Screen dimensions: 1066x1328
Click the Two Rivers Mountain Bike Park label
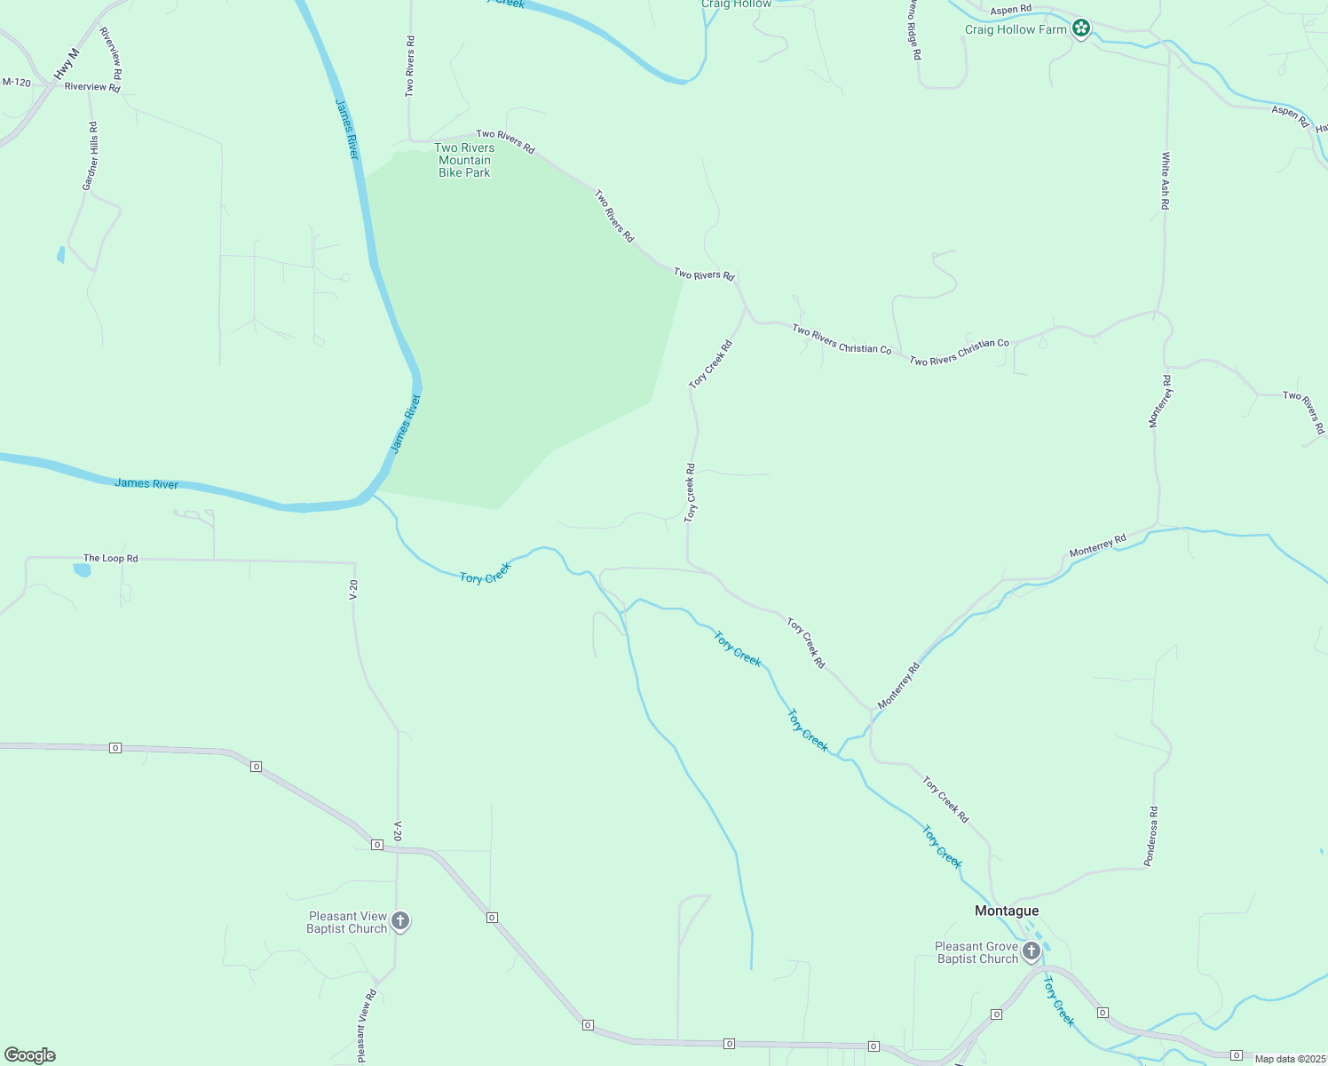(x=464, y=161)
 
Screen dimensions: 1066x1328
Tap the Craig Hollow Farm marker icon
(x=1080, y=29)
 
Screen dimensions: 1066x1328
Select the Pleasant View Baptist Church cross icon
(x=400, y=921)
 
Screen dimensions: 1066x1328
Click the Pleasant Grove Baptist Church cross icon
(x=1031, y=952)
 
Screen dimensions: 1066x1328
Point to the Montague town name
(x=1007, y=911)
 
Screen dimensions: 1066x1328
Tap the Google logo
(x=30, y=1055)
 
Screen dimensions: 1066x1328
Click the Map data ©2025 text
(x=1290, y=1059)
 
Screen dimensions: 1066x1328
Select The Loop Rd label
(x=111, y=559)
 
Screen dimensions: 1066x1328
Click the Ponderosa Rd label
(x=1150, y=836)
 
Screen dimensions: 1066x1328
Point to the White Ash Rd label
(x=1166, y=181)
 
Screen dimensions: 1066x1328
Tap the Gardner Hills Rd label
(x=90, y=156)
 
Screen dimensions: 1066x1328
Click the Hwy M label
(x=67, y=65)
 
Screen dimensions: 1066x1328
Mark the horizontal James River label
(x=146, y=484)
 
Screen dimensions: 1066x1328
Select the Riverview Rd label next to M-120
(x=92, y=87)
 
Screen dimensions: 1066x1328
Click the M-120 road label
(x=17, y=83)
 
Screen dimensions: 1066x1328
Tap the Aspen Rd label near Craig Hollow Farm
(x=1011, y=10)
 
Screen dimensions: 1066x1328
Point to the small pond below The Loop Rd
(x=82, y=570)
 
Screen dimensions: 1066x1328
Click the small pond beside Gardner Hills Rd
(x=60, y=255)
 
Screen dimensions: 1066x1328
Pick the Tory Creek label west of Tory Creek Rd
(x=486, y=573)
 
